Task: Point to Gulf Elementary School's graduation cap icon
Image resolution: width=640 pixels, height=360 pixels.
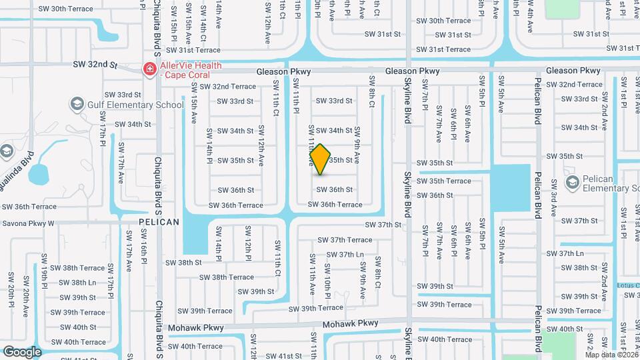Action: pos(77,105)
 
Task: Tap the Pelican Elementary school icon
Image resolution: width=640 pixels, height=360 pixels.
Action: pos(571,182)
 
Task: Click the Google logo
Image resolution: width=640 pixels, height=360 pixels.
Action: pos(21,351)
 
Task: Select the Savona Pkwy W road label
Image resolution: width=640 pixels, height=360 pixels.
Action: pos(37,223)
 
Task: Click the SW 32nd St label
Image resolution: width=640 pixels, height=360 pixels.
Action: pos(95,65)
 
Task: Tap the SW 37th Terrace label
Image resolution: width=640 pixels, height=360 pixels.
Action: pos(345,240)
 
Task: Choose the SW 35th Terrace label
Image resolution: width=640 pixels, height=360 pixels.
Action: pos(445,181)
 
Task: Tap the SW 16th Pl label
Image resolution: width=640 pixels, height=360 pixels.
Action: pos(143,245)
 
